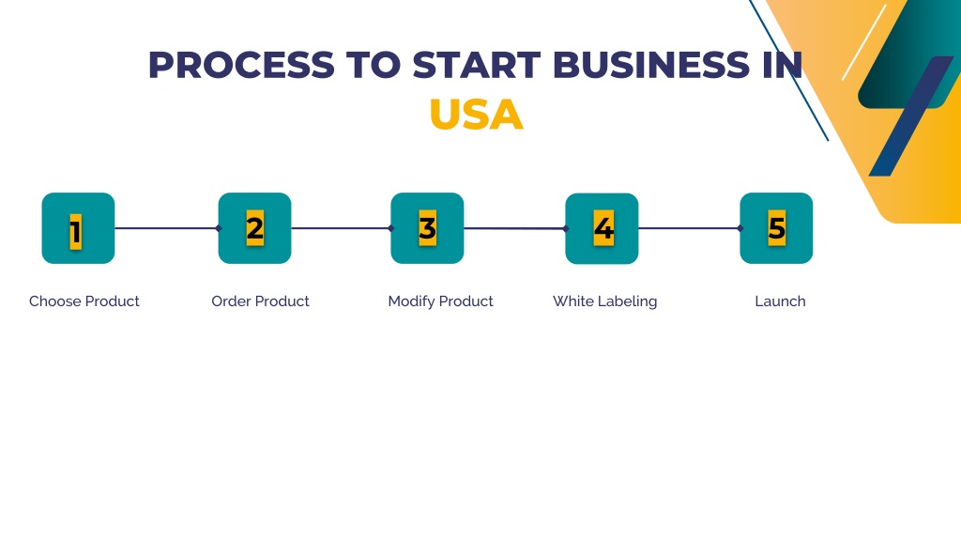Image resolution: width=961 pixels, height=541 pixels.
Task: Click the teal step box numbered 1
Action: tap(78, 228)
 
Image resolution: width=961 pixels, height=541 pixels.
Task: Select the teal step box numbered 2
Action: tap(254, 228)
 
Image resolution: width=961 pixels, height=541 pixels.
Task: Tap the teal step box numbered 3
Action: tap(427, 228)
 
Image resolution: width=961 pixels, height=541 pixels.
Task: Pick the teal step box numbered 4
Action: tap(602, 229)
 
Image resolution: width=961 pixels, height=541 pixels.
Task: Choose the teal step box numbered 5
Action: tap(776, 228)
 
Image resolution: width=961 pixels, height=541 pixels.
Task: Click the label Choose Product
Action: tap(84, 301)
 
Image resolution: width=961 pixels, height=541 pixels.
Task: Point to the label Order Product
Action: tap(260, 301)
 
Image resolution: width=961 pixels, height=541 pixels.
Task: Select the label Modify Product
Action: tap(440, 301)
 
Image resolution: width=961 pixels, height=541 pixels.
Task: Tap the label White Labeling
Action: tap(604, 301)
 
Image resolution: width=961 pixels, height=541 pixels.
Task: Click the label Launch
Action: tap(780, 301)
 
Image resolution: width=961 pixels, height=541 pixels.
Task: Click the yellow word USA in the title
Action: tap(476, 115)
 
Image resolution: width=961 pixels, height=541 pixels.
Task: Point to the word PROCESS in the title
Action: tap(241, 65)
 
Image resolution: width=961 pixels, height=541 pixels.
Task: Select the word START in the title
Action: tap(477, 65)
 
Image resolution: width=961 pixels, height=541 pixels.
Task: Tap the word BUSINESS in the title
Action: tap(651, 65)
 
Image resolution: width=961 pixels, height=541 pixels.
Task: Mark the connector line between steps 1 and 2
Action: tap(167, 228)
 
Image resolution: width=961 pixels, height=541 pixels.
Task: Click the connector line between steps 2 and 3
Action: tap(342, 228)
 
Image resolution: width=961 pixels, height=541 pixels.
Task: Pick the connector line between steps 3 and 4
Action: tap(515, 228)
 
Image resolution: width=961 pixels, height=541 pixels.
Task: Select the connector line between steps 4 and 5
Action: tap(690, 228)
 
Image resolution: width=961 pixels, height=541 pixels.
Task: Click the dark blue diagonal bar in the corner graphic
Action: tap(911, 116)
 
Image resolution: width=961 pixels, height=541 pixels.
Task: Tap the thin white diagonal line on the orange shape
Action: tap(864, 42)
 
